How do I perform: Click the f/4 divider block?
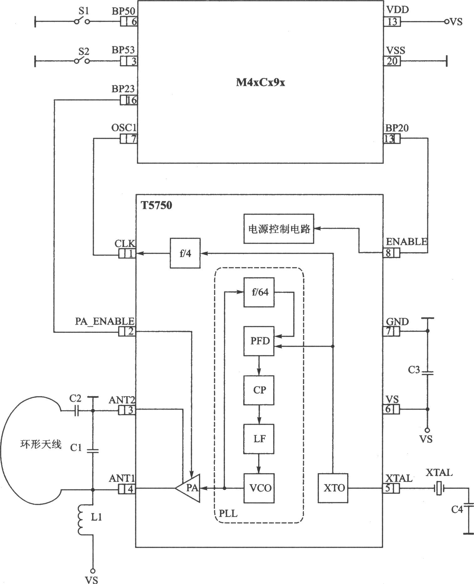(x=185, y=253)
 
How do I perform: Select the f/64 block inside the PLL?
(x=259, y=292)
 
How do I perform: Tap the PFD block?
(x=259, y=341)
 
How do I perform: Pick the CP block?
(x=259, y=390)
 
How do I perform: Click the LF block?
(x=259, y=439)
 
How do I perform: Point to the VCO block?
(x=259, y=488)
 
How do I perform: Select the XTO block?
(x=333, y=488)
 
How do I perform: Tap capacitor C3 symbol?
(x=427, y=373)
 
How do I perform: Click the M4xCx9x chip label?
(x=260, y=83)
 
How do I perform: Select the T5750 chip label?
(x=156, y=206)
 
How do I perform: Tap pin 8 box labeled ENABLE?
(x=391, y=253)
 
